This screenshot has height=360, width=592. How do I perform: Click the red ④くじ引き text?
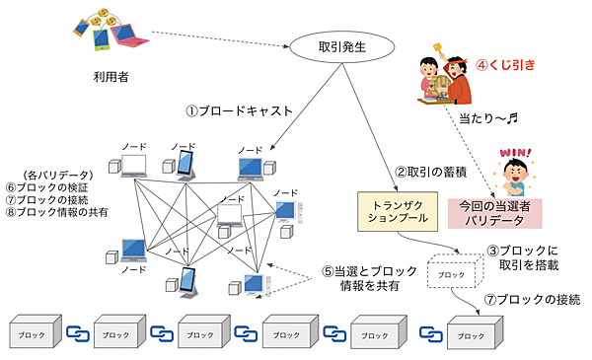(x=507, y=65)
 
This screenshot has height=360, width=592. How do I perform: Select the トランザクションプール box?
(x=392, y=212)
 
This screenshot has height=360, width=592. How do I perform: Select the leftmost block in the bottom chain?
(x=30, y=332)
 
